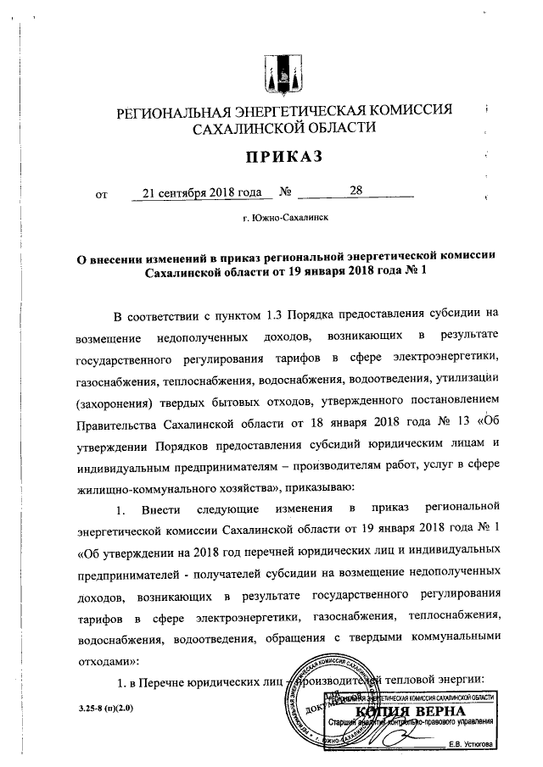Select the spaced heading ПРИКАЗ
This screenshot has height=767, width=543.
(284, 158)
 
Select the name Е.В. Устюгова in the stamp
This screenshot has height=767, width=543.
(478, 746)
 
